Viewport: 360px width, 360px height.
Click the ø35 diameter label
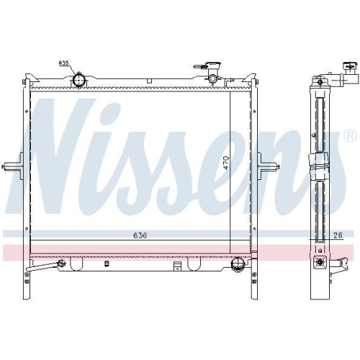coord(63,63)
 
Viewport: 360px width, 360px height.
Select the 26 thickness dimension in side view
coord(338,235)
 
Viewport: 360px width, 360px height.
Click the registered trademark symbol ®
coord(349,135)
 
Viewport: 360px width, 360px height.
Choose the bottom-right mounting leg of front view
coord(255,288)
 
